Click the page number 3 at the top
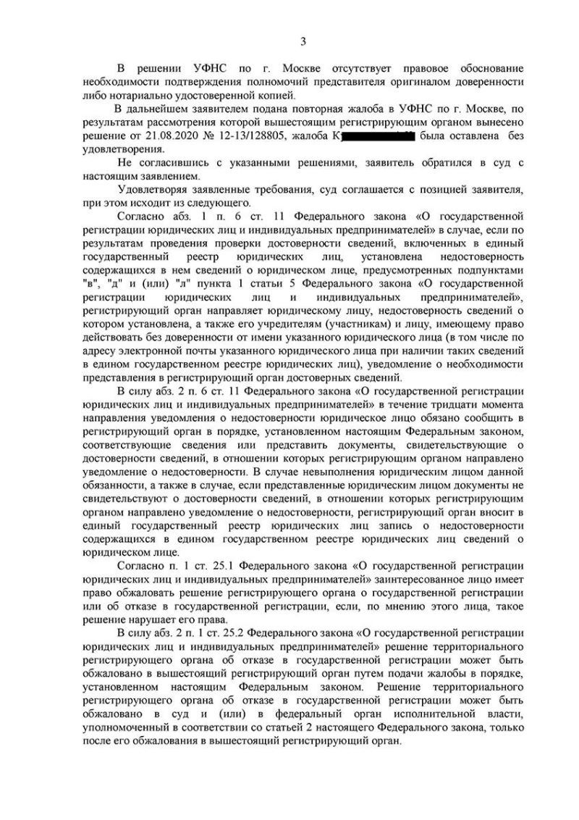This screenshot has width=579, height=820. [304, 41]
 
